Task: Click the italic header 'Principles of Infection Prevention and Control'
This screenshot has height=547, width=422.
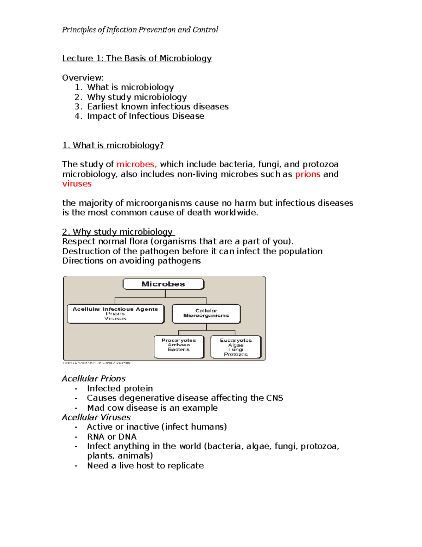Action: coord(140,30)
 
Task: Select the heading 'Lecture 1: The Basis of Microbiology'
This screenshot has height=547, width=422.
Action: coord(137,58)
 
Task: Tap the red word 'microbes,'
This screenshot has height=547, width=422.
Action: coord(136,164)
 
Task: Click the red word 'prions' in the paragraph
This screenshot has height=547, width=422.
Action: coord(308,174)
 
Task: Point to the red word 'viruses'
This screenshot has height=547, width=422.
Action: coord(77,184)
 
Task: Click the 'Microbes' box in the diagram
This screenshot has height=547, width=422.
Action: coord(163,284)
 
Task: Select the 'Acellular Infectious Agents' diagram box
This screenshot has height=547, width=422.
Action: coord(115,313)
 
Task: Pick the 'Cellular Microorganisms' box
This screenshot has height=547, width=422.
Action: coord(206,313)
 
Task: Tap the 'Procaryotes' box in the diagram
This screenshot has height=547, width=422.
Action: coord(179,347)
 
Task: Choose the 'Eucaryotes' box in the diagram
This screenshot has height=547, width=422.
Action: coord(236,347)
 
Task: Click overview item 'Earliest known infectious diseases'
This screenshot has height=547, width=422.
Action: coord(158,106)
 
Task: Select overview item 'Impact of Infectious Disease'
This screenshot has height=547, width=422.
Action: coord(146,116)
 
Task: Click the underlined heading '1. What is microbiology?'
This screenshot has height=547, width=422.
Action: coord(113,145)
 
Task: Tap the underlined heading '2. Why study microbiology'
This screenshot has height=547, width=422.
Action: coord(118,232)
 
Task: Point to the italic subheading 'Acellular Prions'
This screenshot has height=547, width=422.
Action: coord(94,378)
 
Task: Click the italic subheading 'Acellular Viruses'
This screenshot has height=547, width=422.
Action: coord(96,417)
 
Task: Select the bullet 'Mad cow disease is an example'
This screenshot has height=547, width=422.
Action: coord(152,408)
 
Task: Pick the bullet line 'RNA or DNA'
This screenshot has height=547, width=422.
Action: coord(111,436)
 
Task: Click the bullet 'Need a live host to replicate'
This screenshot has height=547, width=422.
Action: coord(145,465)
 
